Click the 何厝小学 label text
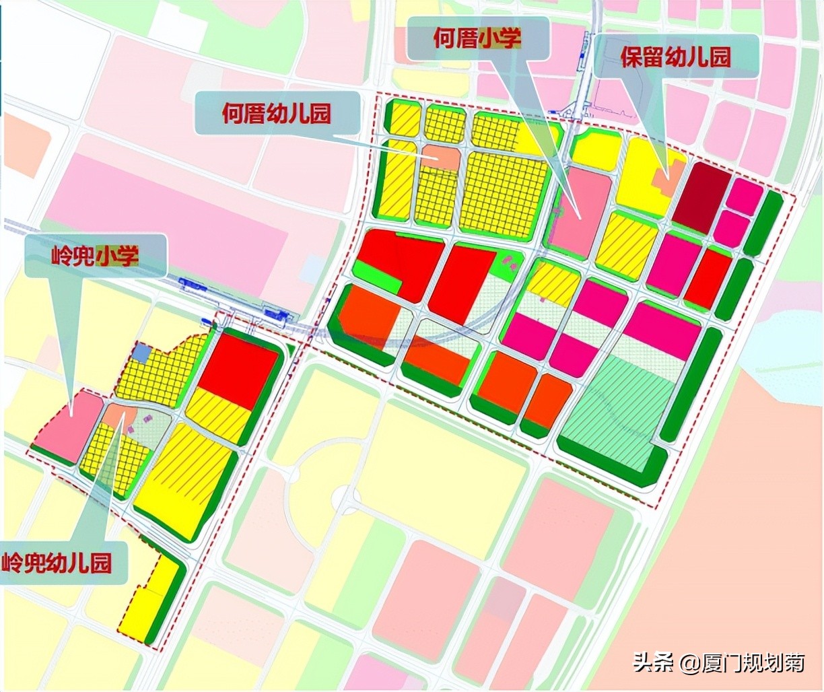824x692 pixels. [477, 39]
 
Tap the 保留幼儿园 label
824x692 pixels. [675, 57]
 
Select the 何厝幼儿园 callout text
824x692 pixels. [277, 113]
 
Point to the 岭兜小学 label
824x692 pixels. [95, 256]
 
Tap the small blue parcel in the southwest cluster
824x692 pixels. [141, 353]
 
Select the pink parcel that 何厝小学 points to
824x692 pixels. [580, 211]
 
